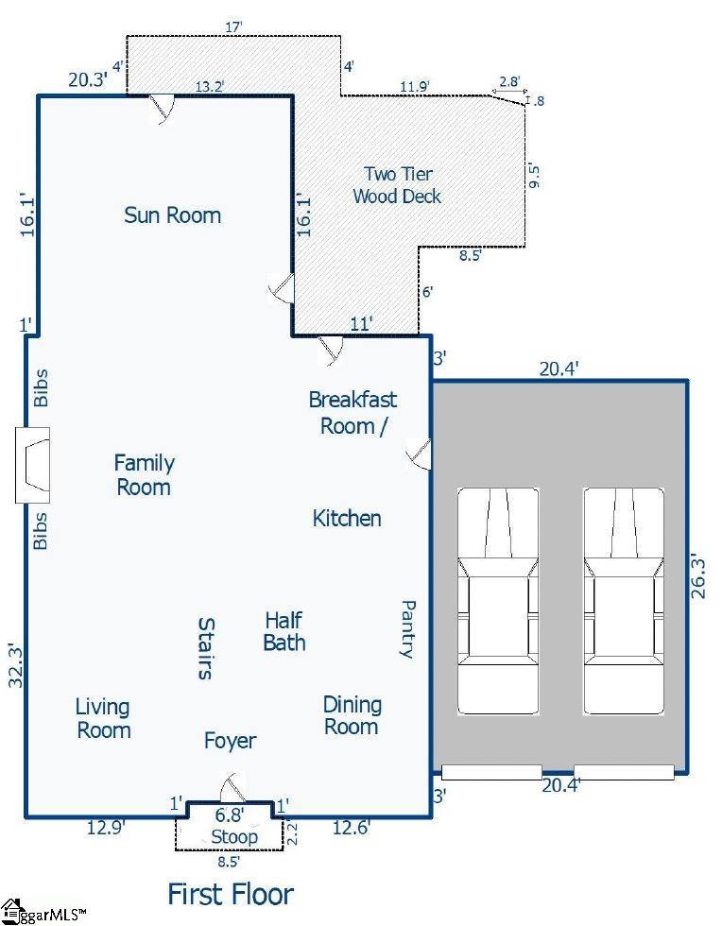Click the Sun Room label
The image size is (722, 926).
coord(173,215)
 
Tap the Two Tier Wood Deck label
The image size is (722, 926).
coord(397,185)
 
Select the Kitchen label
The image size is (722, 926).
coord(347,519)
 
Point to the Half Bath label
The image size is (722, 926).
coord(284,631)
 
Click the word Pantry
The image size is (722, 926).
coord(408,629)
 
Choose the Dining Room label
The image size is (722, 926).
coord(352,715)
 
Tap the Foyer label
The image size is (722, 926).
coord(230,741)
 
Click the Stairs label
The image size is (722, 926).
coord(206,648)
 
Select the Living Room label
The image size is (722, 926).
coord(103,718)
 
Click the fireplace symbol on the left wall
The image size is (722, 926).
coord(32,465)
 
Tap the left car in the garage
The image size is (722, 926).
coord(498,601)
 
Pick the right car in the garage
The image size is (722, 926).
coord(624,601)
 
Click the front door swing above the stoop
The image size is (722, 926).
coord(232,786)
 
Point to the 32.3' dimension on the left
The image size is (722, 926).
coord(16,665)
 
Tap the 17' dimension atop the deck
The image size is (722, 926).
coord(234,26)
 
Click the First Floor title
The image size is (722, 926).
coord(231,894)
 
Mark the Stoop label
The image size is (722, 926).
coord(234,837)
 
